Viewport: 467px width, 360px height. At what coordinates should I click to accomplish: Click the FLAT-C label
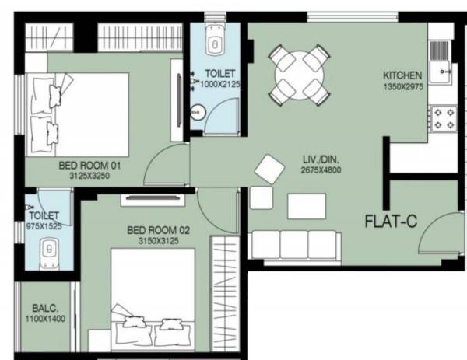tap(392, 221)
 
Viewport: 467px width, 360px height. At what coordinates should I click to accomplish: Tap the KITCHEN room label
tap(402, 75)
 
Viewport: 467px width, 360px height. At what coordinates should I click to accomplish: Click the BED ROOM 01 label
tap(90, 166)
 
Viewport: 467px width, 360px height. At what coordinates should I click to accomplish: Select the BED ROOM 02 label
tap(159, 230)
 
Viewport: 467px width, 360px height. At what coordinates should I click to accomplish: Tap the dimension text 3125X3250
tap(90, 176)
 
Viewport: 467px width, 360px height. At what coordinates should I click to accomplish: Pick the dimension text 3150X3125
tap(159, 241)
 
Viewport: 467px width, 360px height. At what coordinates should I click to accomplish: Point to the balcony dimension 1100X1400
tap(44, 318)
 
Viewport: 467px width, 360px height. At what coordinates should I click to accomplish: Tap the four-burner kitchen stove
tap(444, 118)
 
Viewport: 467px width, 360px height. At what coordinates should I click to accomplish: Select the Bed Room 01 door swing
tap(163, 165)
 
